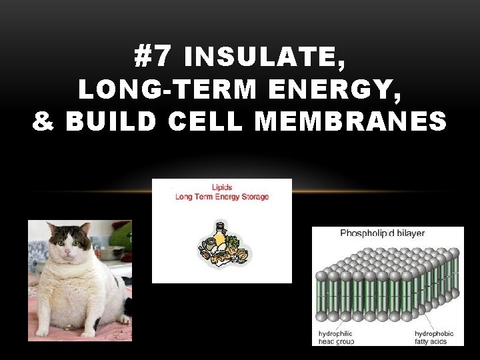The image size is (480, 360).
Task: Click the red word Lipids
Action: click(x=222, y=187)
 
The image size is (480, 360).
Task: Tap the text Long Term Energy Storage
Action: click(x=222, y=197)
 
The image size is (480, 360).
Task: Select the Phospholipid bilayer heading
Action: click(x=382, y=233)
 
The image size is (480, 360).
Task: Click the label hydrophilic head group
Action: click(x=336, y=337)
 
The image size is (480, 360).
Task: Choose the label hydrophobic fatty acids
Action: click(x=434, y=337)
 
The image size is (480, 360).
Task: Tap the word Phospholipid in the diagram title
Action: click(x=367, y=233)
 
